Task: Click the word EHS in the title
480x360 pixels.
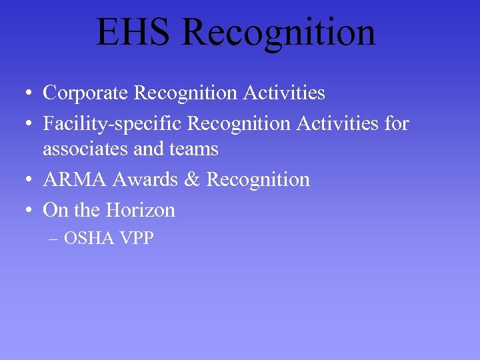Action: click(x=133, y=33)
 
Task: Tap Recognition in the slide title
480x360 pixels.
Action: click(x=278, y=33)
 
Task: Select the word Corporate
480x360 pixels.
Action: click(x=86, y=93)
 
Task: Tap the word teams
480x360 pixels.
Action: click(x=194, y=149)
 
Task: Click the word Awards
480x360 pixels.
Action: click(x=147, y=179)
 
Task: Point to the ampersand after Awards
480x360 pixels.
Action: click(x=193, y=179)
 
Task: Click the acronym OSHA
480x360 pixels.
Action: click(x=90, y=238)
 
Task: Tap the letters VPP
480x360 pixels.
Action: click(x=137, y=238)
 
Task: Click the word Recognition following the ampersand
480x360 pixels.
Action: click(x=258, y=179)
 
